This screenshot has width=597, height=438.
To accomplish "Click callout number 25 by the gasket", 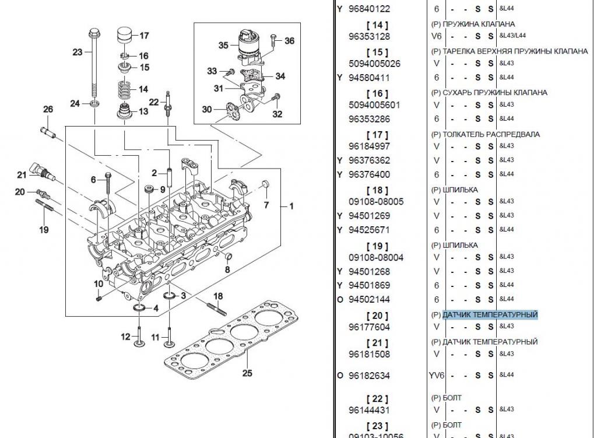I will pos(247,373).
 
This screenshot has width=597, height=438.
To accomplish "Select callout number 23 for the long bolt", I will pos(78,52).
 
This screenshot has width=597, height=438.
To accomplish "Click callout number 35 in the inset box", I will pos(223,45).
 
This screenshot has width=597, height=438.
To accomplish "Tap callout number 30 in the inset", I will pos(207,109).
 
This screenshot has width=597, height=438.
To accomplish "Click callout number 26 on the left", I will pos(48,109).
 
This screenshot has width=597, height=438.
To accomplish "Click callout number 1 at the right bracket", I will pos(292,206).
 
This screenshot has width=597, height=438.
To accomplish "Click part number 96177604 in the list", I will pos(369,327).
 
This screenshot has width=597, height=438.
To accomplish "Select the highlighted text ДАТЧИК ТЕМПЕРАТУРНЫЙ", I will pos(490,315).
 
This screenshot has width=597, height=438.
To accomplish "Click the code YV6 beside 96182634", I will pos(436,376).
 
